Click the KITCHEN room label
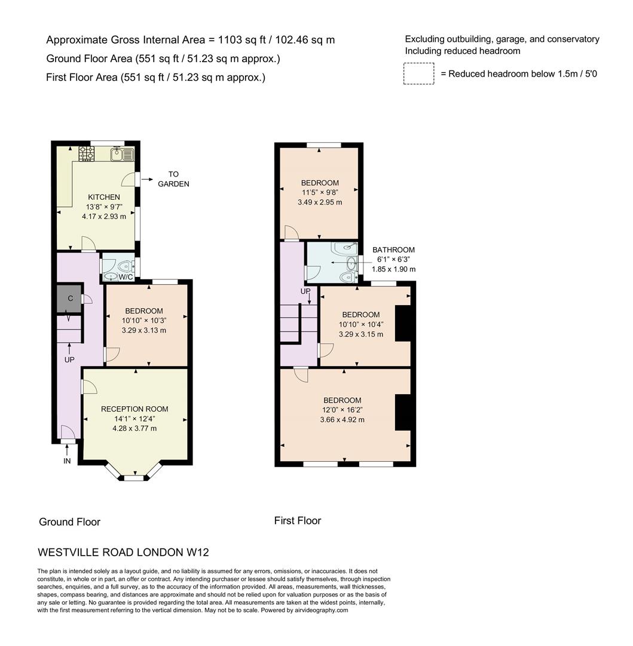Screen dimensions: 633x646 pos(104,197)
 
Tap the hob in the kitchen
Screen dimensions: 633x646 pos(87,153)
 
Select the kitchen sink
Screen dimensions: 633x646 pos(123,154)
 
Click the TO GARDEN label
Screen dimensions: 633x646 pos(173,179)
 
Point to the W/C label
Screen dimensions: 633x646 pos(126,277)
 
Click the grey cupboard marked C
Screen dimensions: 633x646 pos(70,298)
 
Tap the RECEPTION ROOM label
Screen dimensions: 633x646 pos(134,409)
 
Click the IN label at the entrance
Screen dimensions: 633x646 pos(67,461)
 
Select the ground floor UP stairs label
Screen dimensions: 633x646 pos(69,359)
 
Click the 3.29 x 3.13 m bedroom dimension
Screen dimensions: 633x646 pos(144,330)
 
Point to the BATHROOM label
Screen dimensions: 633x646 pos(393,249)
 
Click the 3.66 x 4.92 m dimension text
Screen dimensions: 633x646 pos(343,420)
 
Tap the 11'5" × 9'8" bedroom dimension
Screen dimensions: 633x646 pos(320,193)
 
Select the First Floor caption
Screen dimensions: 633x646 pos(298,521)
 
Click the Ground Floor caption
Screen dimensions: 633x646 pos(69,522)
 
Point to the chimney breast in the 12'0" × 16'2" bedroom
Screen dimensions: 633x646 pos(403,412)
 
